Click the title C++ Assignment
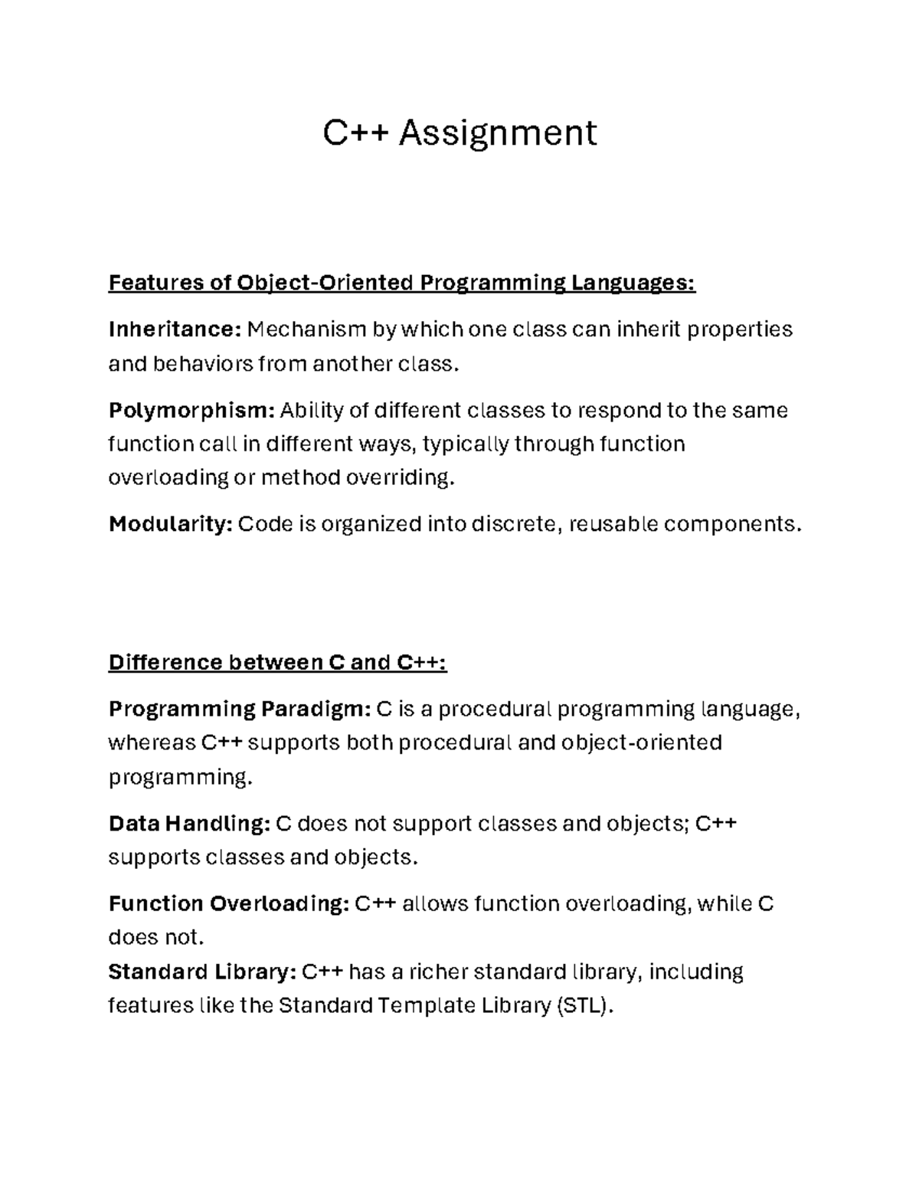click(x=459, y=133)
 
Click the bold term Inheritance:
click(x=175, y=329)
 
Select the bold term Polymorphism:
click(x=191, y=411)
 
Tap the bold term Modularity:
click(x=170, y=524)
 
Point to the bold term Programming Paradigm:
click(x=239, y=709)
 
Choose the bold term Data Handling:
click(x=189, y=824)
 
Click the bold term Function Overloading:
click(x=229, y=904)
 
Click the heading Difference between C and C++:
click(x=277, y=662)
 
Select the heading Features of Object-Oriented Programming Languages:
click(x=402, y=283)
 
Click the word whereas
click(x=152, y=743)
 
